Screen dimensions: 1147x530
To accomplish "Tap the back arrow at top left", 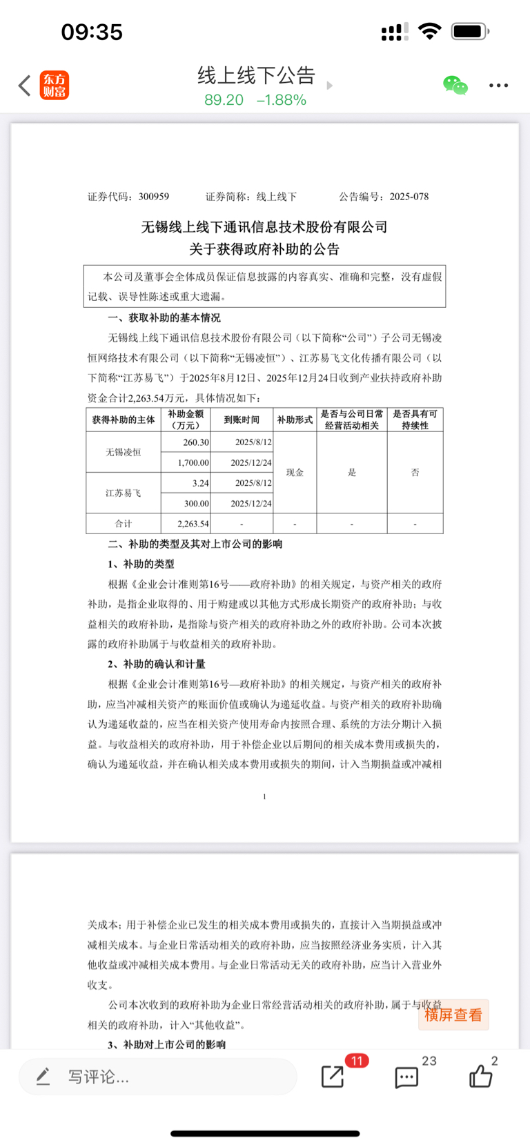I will click(x=25, y=86).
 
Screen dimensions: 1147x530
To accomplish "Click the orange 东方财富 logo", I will click(x=55, y=86).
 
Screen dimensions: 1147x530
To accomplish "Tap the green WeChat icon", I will click(x=455, y=86).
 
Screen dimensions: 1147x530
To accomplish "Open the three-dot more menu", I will click(x=498, y=86).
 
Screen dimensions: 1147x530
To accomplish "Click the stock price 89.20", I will click(x=224, y=100).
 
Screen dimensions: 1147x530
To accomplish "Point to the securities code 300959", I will click(x=153, y=197).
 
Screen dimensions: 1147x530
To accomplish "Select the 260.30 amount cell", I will click(x=196, y=442).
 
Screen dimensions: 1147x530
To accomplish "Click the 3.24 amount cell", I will click(x=200, y=483).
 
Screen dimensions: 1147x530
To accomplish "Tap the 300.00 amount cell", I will click(x=196, y=503).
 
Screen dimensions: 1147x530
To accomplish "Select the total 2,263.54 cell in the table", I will click(x=193, y=524).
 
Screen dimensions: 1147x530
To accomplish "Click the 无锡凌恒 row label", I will click(x=124, y=452).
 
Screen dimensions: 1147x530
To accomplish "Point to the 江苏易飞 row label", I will click(x=124, y=493).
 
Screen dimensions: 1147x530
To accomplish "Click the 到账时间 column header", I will click(x=242, y=420).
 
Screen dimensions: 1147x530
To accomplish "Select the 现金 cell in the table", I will click(x=295, y=472).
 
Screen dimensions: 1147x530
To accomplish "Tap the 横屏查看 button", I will click(x=453, y=1014).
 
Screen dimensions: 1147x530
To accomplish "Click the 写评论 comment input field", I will click(x=159, y=1077).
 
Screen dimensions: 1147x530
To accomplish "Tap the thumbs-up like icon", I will click(x=480, y=1076).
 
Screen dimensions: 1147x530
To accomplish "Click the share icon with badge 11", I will click(x=333, y=1076).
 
